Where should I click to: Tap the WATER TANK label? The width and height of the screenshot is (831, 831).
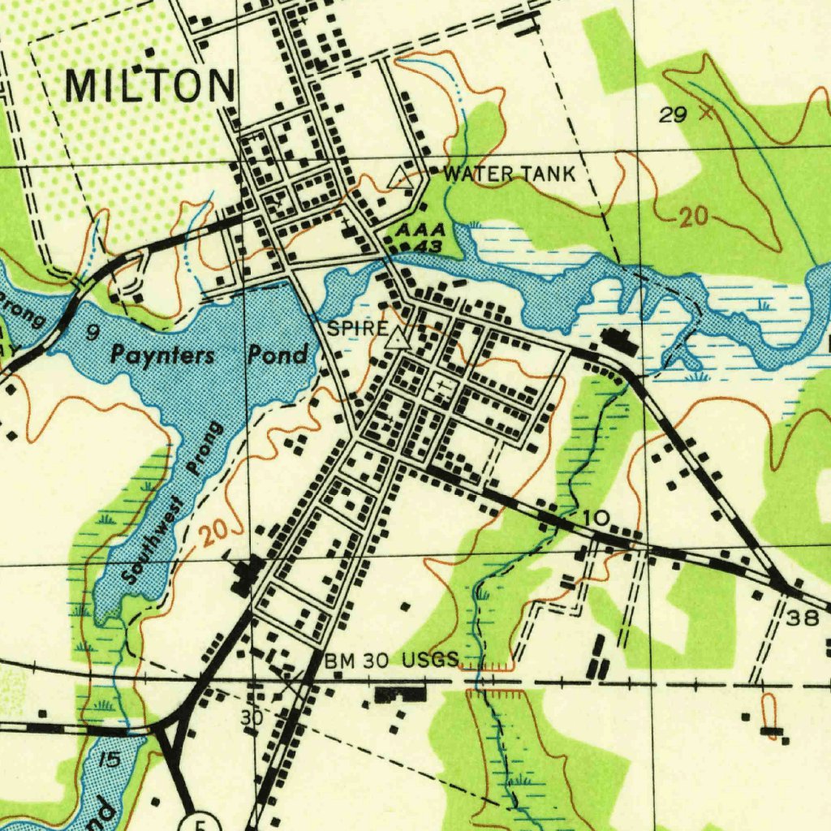coord(510,174)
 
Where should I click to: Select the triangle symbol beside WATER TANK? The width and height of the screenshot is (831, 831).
coord(398,177)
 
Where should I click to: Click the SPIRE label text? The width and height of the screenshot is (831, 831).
coord(357,329)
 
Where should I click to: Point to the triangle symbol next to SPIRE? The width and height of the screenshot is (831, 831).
coord(397,338)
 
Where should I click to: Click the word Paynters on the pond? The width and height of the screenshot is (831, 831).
coord(163,355)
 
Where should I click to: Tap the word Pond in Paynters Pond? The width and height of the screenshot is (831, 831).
coord(278,355)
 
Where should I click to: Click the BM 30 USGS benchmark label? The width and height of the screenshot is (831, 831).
coord(392,661)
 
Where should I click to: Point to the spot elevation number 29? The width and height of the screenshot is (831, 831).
coord(673,115)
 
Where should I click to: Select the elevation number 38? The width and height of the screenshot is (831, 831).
coord(803,618)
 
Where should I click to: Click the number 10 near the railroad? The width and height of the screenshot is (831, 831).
coord(595,518)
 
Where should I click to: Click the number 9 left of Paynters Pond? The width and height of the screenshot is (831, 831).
coord(93,332)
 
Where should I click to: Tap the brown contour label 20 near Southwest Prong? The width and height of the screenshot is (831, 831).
coord(215,533)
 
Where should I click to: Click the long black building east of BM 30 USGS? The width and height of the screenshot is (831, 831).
coord(400,694)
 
